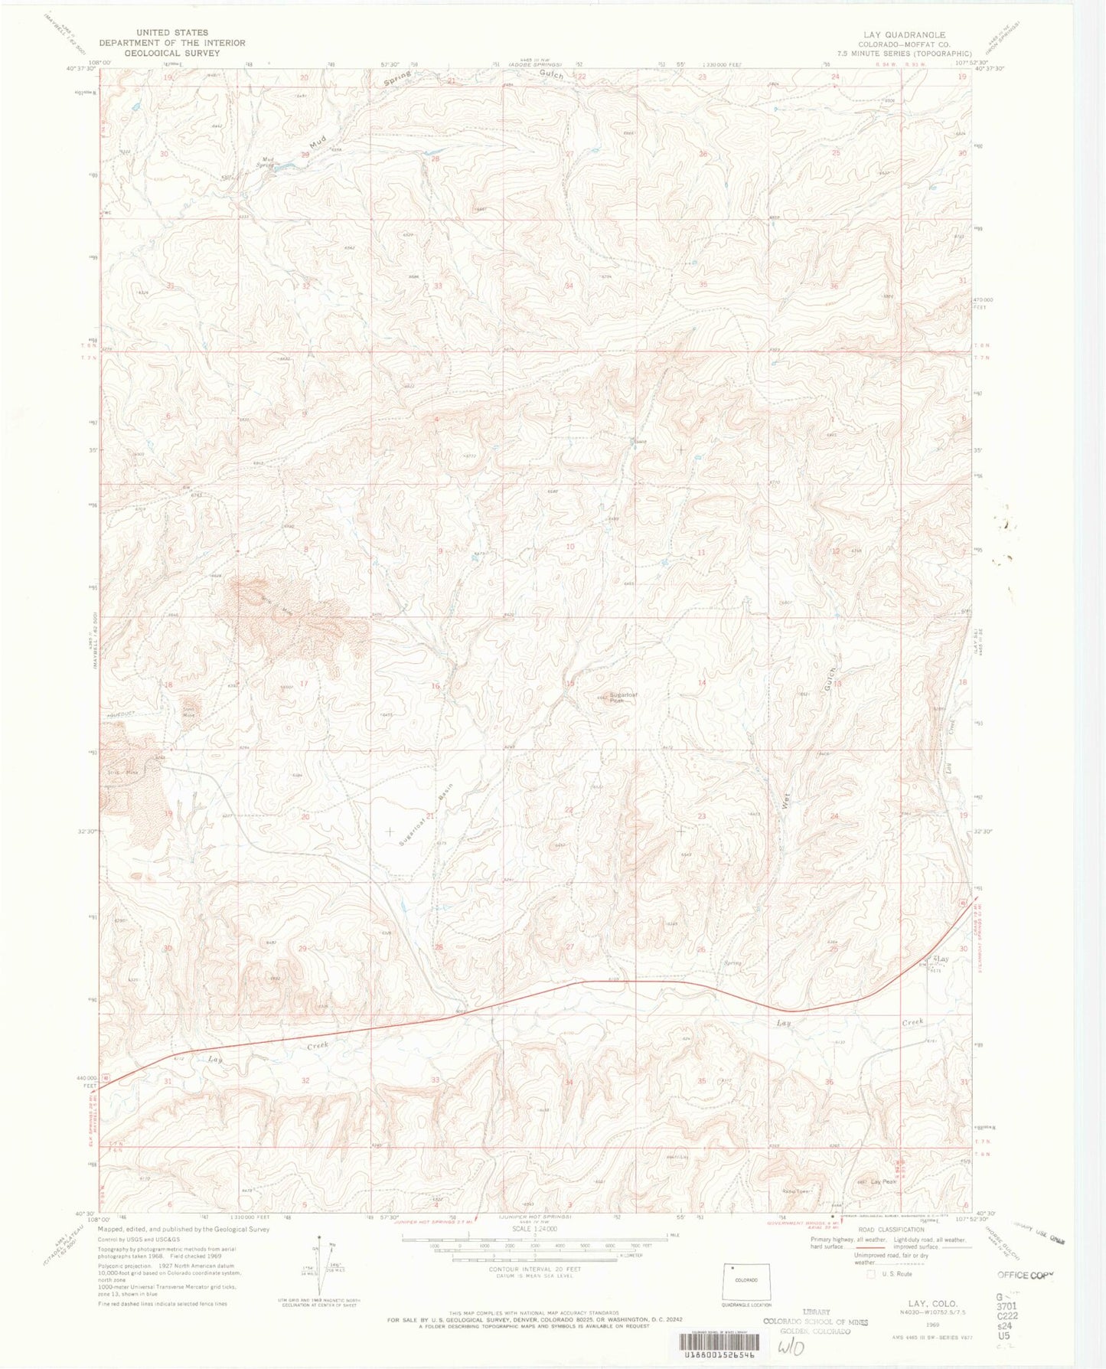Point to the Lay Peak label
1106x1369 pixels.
tap(883, 1181)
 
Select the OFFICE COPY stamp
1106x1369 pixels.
tap(1025, 1275)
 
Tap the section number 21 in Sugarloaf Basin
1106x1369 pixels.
tap(430, 816)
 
